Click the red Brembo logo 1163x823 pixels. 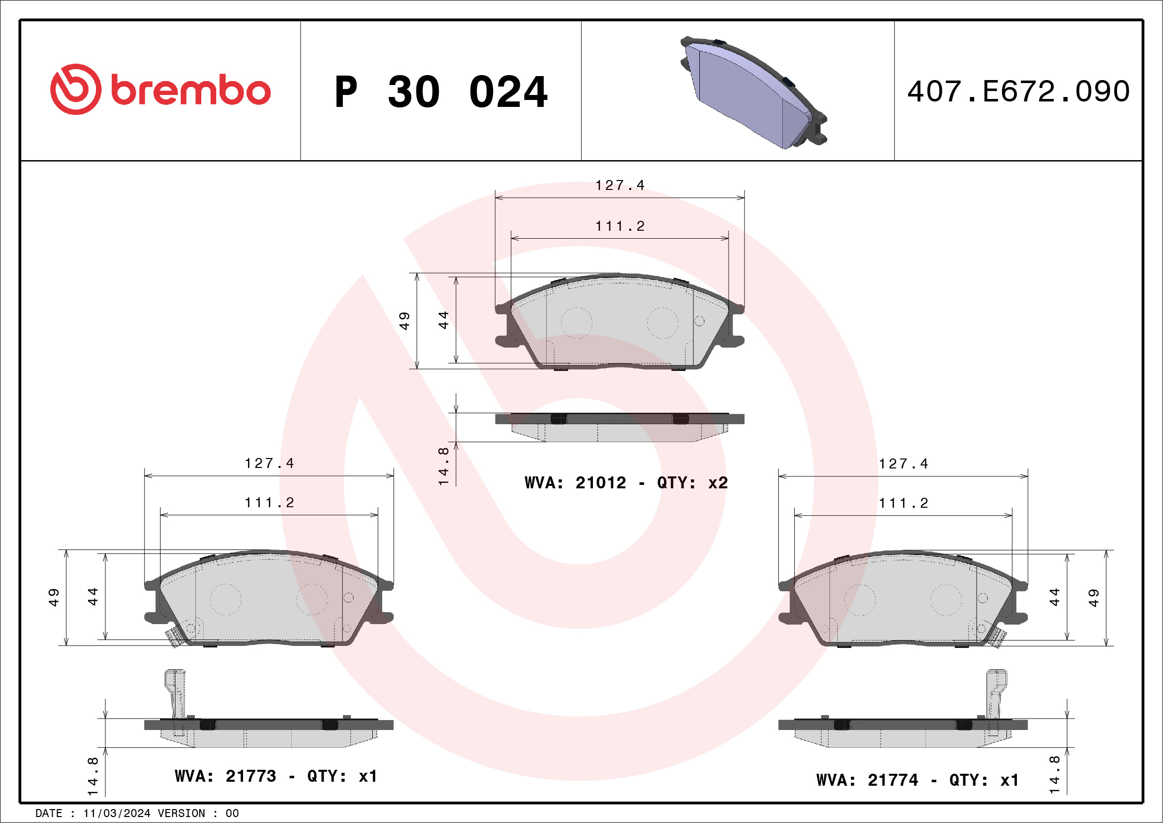160,89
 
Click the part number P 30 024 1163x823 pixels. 441,92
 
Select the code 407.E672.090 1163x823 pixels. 1018,91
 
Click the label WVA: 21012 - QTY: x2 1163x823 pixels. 626,482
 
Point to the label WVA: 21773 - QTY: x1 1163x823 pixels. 276,776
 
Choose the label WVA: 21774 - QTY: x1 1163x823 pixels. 918,780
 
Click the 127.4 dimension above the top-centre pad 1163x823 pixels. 619,185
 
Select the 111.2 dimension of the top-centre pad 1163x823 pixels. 619,226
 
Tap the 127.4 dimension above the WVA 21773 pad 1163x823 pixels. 269,463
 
